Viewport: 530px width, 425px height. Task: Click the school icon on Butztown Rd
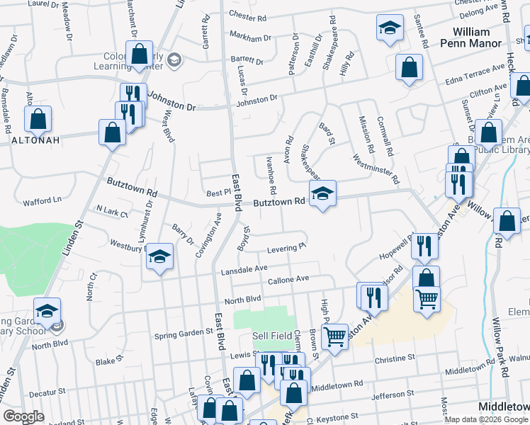322,193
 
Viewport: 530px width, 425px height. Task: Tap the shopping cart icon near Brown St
335,336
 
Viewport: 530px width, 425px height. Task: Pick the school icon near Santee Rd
389,28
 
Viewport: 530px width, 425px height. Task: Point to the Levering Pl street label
286,248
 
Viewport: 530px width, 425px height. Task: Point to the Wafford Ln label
42,200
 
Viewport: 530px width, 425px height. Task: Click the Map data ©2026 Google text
486,419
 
